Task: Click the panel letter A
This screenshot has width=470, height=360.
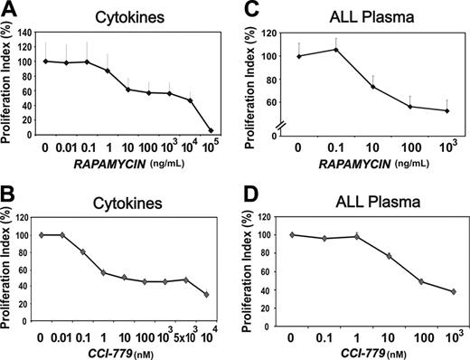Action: [10, 10]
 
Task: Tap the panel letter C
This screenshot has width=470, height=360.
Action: [249, 10]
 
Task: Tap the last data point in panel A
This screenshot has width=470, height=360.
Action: [211, 130]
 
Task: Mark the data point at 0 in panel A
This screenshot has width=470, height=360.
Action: [44, 61]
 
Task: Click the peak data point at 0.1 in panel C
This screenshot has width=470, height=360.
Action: [334, 50]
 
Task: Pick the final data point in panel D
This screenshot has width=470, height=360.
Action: [452, 291]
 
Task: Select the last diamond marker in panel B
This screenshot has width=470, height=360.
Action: [211, 294]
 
